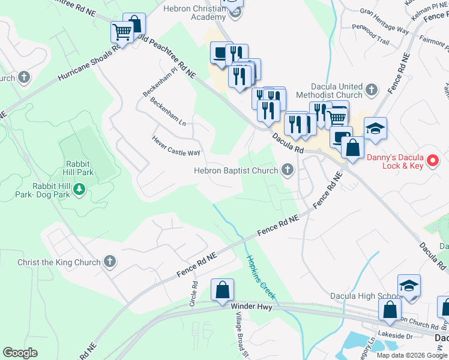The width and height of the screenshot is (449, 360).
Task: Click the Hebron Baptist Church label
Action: click(x=236, y=171)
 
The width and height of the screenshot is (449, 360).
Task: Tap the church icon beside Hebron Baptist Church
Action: click(x=288, y=171)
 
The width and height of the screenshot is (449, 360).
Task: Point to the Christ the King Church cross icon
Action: click(x=109, y=262)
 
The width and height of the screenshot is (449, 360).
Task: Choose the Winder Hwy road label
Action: click(x=247, y=306)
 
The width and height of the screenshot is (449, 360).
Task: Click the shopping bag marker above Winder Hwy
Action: click(x=222, y=290)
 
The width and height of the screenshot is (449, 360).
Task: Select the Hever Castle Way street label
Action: click(x=175, y=145)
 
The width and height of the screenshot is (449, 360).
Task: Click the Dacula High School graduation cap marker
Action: click(x=409, y=286)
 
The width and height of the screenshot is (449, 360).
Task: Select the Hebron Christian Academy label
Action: click(x=193, y=14)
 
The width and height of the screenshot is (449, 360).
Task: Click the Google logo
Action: click(x=20, y=352)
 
